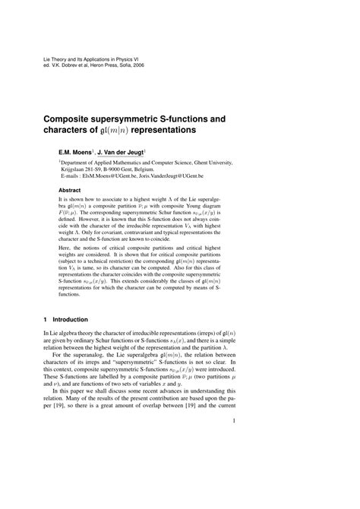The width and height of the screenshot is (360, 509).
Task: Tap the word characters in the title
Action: pyautogui.click(x=80, y=131)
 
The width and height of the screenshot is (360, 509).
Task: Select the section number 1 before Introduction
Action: pyautogui.click(x=46, y=319)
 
